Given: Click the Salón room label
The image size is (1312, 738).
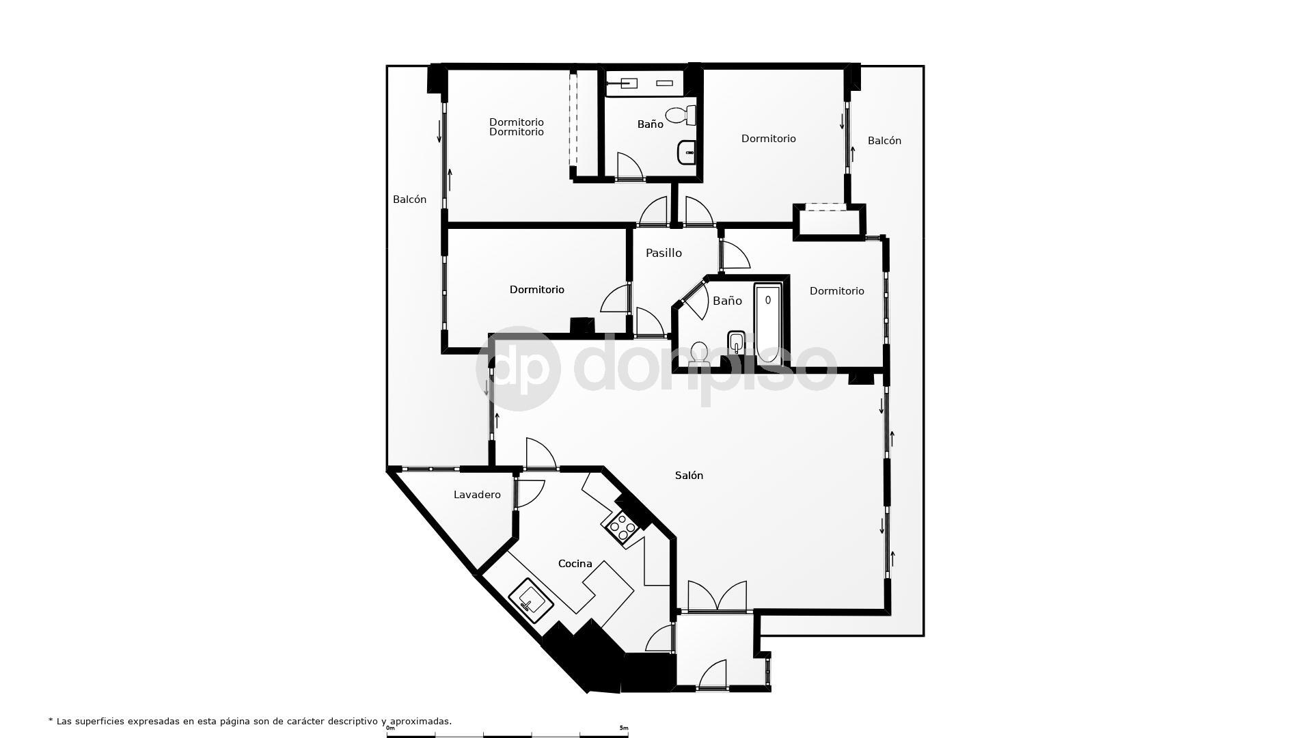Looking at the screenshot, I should point(689,476).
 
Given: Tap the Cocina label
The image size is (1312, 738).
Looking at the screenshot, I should point(575,564).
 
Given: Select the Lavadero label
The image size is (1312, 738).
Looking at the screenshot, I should point(477,495).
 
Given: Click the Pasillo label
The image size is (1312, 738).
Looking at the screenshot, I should point(664,253).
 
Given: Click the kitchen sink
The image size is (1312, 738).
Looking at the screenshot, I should point(531,600).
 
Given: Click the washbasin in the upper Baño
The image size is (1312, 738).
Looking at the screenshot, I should point(687,152).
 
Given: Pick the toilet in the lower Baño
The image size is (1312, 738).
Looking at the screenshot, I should point(699,353).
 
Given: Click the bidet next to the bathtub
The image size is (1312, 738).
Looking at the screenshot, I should point(737,341).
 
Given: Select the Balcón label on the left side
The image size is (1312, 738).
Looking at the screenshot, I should point(409,200).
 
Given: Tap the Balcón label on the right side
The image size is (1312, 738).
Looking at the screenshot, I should point(884,141).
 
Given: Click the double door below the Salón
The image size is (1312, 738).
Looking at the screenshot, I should point(717,597).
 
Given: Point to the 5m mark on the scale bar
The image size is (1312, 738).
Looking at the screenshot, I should point(623,728).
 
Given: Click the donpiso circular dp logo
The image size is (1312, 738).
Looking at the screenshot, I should point(518,368).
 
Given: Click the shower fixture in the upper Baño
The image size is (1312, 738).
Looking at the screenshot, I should point(623,83).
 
